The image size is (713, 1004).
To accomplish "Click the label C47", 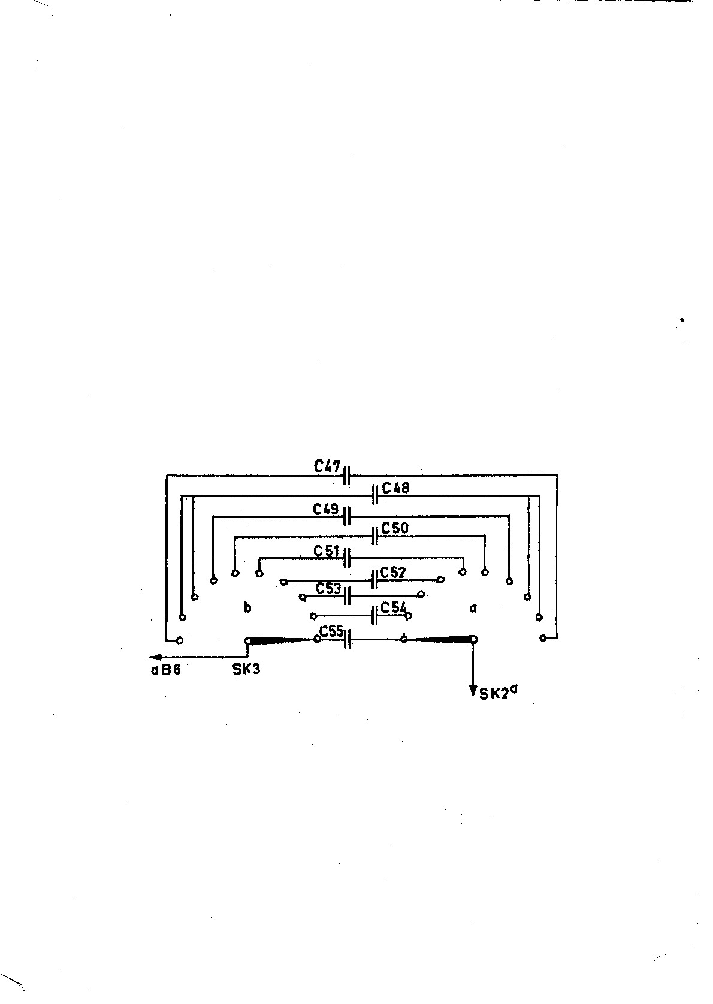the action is pyautogui.click(x=327, y=466).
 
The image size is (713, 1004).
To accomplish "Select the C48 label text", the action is pyautogui.click(x=395, y=488).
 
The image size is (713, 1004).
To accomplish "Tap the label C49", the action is pyautogui.click(x=326, y=510).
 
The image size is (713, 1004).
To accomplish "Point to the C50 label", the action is pyautogui.click(x=395, y=528).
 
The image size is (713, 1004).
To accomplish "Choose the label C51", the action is pyautogui.click(x=327, y=551).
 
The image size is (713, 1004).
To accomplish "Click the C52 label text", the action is pyautogui.click(x=393, y=573).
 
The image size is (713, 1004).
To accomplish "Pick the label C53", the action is pyautogui.click(x=328, y=588).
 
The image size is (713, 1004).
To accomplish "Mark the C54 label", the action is pyautogui.click(x=394, y=607).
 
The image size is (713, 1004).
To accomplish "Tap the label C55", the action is pyautogui.click(x=331, y=631).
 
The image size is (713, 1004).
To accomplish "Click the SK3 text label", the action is pyautogui.click(x=246, y=669).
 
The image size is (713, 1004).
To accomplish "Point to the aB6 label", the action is pyautogui.click(x=165, y=670).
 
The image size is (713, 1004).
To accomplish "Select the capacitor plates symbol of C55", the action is pyautogui.click(x=347, y=640).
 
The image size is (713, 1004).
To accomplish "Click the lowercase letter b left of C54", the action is pyautogui.click(x=247, y=608).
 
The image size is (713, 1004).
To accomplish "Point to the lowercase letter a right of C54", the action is pyautogui.click(x=473, y=609).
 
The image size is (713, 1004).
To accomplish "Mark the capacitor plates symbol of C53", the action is pyautogui.click(x=347, y=595).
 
